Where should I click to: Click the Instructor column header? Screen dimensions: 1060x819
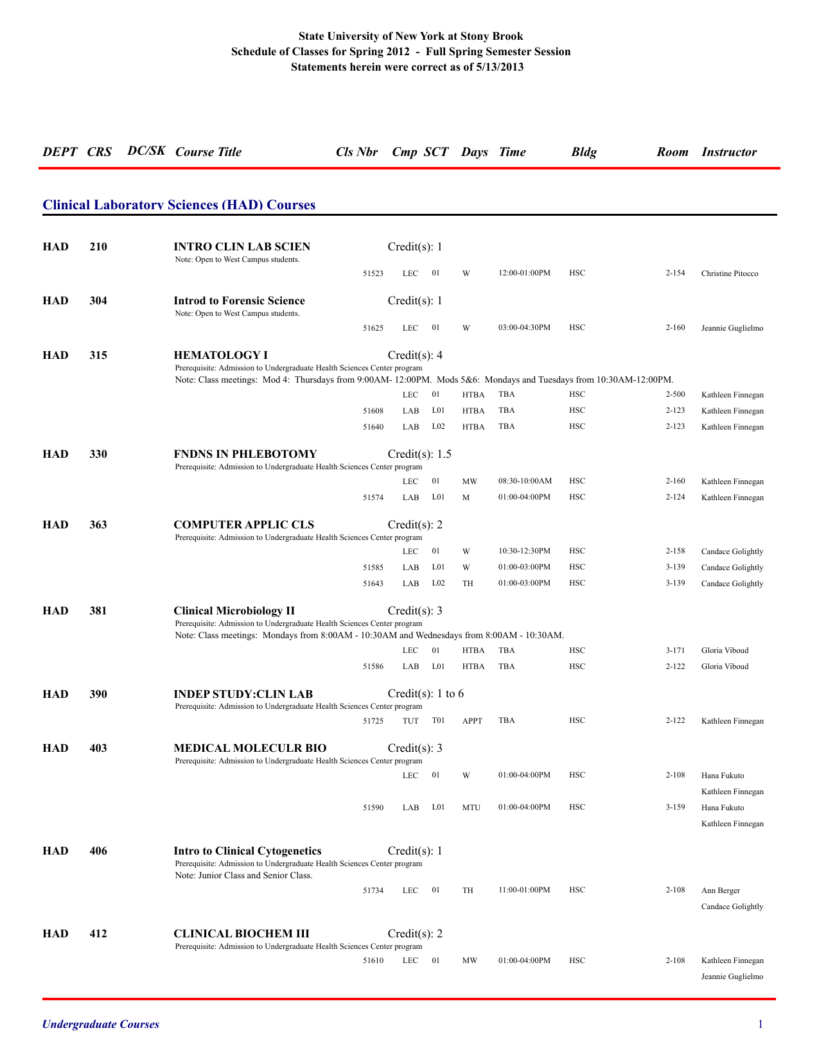point(728,152)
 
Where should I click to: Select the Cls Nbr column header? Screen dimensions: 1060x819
point(357,152)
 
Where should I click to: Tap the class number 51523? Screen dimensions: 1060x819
point(373,274)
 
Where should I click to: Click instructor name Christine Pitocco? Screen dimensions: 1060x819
point(729,274)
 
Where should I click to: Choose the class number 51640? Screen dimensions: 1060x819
point(373,427)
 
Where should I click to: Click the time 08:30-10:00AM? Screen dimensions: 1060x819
point(525,481)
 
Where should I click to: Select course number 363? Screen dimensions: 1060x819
point(98,525)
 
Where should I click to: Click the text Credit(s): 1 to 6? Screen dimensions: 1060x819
point(425,693)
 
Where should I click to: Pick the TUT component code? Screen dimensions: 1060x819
point(410,721)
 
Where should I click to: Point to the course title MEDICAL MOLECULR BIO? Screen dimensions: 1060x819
point(250,748)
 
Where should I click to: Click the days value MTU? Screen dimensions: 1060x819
point(471,808)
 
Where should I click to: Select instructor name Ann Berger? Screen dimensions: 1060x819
point(720,891)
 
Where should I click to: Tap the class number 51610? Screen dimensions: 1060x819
point(373,960)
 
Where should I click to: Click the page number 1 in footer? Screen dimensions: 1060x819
point(761,1024)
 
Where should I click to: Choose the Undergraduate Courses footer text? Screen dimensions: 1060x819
point(100,1024)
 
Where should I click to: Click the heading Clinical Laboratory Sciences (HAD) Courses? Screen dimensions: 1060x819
point(179,205)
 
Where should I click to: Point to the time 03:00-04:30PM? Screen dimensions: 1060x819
point(524,327)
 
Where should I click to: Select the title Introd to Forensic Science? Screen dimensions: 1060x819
point(239,300)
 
